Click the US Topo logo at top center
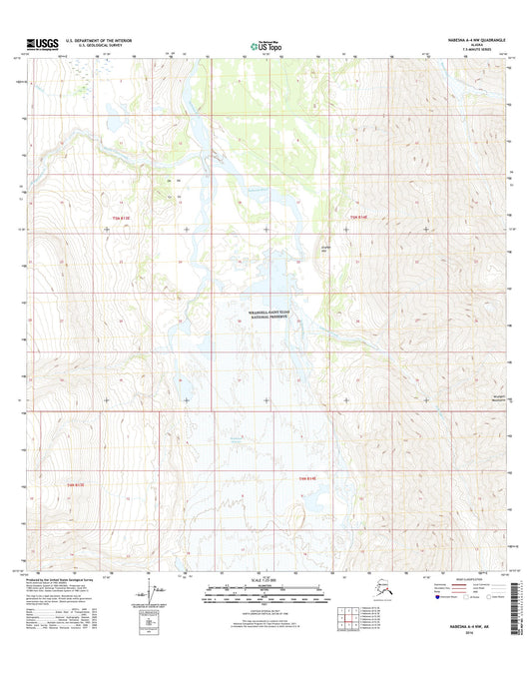[266, 45]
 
